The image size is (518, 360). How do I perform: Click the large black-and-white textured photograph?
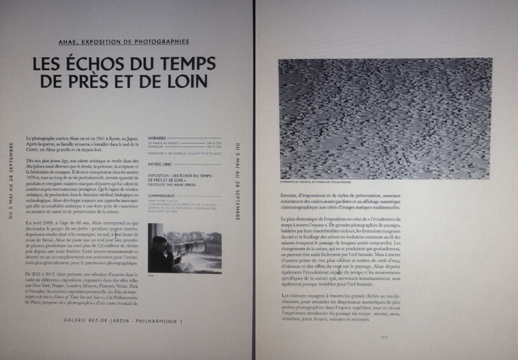tap(385, 118)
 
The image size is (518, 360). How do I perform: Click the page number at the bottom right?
tap(384, 335)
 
